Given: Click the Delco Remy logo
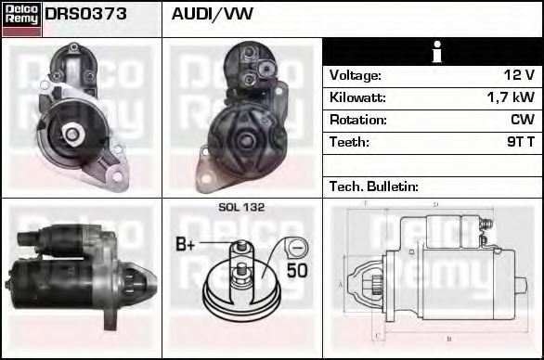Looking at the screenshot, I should [x=21, y=19].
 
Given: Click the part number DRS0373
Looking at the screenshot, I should [x=86, y=15].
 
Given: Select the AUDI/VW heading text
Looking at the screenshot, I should [x=213, y=15].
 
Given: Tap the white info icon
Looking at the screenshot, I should [x=433, y=52].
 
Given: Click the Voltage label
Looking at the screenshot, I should [x=356, y=75].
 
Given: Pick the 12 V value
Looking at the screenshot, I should [x=519, y=75].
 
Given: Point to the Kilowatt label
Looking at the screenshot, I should [x=357, y=97].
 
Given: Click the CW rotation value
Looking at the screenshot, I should [x=522, y=120].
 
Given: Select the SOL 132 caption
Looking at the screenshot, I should [x=241, y=207].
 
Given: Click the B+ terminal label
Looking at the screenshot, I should [x=187, y=245].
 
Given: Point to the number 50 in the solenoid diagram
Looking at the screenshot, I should [x=297, y=271].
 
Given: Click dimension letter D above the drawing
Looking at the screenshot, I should [x=435, y=204].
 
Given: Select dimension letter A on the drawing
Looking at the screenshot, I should [x=342, y=282].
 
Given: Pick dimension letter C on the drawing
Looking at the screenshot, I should [x=376, y=336].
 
